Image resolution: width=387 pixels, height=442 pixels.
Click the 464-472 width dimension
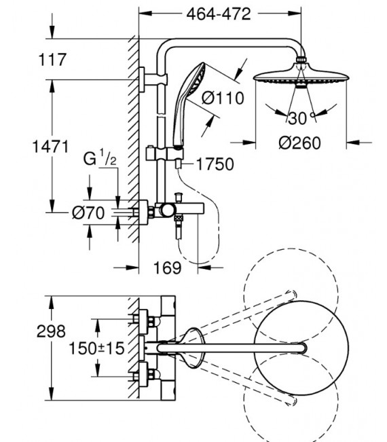click(219, 14)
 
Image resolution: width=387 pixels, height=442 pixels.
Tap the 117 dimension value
click(52, 60)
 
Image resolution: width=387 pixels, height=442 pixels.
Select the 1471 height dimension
click(51, 147)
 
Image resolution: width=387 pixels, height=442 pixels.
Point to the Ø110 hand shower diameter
click(223, 98)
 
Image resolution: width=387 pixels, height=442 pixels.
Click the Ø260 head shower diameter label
click(299, 143)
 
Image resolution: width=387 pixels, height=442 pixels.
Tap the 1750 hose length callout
click(215, 164)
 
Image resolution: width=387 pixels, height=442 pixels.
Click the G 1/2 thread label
click(100, 159)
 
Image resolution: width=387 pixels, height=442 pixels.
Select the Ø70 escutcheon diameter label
click(88, 213)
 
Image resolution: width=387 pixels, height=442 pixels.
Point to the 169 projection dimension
click(167, 268)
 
